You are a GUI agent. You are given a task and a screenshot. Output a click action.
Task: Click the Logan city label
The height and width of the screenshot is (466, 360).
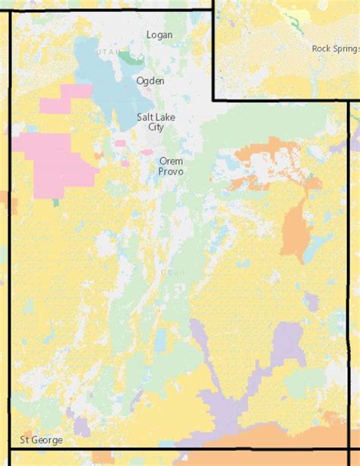[x=159, y=35]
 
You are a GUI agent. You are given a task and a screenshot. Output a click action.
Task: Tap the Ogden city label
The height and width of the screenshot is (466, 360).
[x=150, y=80]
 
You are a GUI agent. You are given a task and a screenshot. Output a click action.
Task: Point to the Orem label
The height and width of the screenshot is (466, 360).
[x=171, y=161]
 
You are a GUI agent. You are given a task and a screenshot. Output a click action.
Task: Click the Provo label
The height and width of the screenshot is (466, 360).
[x=171, y=172]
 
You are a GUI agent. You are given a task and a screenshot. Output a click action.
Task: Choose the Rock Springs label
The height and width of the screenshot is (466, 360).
[x=335, y=49]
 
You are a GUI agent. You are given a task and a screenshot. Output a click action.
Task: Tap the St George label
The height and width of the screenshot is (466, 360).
[x=42, y=440]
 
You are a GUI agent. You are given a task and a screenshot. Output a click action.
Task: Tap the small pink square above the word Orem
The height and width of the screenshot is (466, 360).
[x=147, y=153]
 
